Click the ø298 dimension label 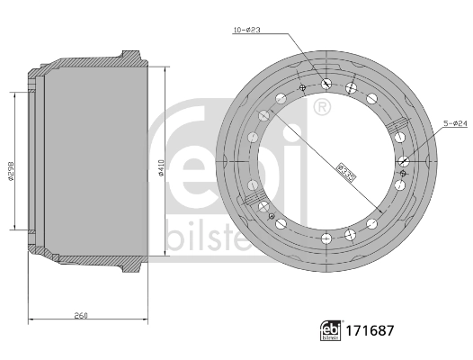click(11, 171)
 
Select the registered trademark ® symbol click(320, 108)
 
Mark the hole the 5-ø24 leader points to click(405, 161)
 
